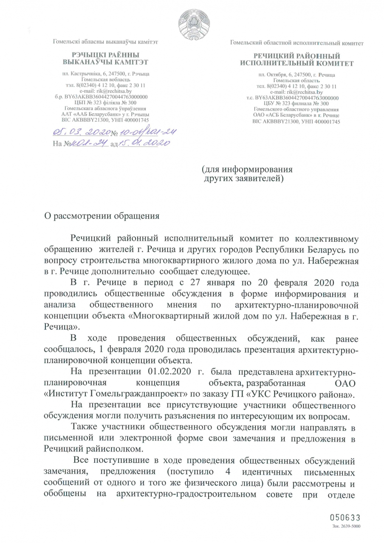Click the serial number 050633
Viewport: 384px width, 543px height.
pyautogui.click(x=345, y=518)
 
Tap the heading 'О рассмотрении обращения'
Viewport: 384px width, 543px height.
pyautogui.click(x=102, y=216)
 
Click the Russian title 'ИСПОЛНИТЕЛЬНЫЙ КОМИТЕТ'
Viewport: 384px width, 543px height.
pyautogui.click(x=296, y=63)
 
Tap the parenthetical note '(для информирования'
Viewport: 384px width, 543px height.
pyautogui.click(x=247, y=169)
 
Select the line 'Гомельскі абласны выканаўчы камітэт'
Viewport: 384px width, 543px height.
pyautogui.click(x=105, y=42)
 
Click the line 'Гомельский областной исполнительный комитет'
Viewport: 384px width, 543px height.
pyautogui.click(x=296, y=43)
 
